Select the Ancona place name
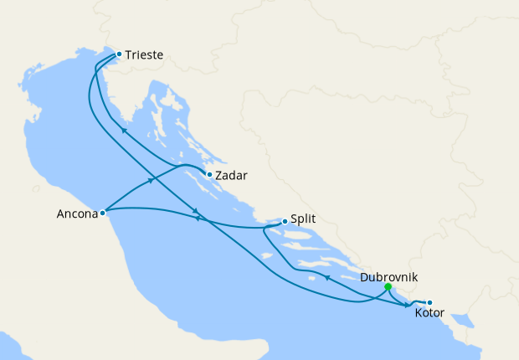pyautogui.click(x=75, y=213)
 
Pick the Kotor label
pyautogui.click(x=430, y=314)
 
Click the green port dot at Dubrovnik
pyautogui.click(x=388, y=287)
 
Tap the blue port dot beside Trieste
pyautogui.click(x=119, y=54)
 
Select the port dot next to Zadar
pyautogui.click(x=209, y=175)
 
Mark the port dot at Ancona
pyautogui.click(x=102, y=213)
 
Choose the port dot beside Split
pyautogui.click(x=285, y=222)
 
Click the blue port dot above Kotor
pyautogui.click(x=429, y=303)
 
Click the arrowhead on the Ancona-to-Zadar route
pyautogui.click(x=152, y=180)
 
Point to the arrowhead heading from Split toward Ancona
pyautogui.click(x=198, y=219)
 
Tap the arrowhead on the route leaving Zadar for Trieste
pyautogui.click(x=123, y=130)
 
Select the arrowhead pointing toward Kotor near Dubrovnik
pyautogui.click(x=409, y=306)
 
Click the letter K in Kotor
pyautogui.click(x=419, y=314)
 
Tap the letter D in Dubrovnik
pyautogui.click(x=364, y=276)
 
